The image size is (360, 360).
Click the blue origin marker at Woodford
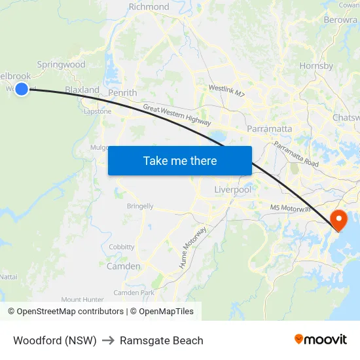pos(22,88)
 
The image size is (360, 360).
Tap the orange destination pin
pos(339,219)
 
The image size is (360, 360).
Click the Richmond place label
pos(149,7)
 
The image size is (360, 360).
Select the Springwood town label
pos(61,65)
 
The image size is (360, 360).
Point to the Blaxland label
pos(82,90)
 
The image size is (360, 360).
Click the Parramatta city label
pos(269,128)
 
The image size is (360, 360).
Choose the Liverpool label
pos(232,190)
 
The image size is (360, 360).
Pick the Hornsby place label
pos(316,65)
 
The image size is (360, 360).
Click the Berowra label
pos(340,20)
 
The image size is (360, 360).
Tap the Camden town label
pos(123,266)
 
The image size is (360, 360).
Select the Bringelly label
pos(140,206)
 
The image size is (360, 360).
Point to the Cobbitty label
pos(122,247)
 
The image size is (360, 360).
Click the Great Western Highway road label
pos(177,115)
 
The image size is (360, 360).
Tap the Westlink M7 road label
pos(226,91)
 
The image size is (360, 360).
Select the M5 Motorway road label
pos(289,208)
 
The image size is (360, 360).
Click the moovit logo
pos(321,340)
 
